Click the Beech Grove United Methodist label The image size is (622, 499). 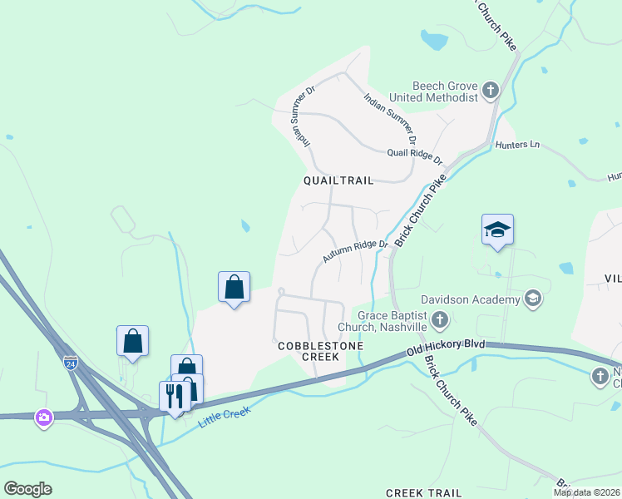[x=446, y=91]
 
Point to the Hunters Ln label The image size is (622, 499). [x=517, y=145]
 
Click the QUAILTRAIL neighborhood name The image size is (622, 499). [x=338, y=180]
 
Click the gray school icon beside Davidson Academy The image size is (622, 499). [x=533, y=299]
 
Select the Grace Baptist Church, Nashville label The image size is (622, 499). [x=391, y=321]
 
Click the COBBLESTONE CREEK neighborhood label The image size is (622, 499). [x=309, y=350]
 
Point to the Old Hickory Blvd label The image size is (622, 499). [x=445, y=348]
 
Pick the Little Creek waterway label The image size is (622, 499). [x=225, y=411]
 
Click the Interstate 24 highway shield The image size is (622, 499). [x=71, y=363]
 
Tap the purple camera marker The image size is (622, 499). [x=44, y=416]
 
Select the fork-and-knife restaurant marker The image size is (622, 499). [x=175, y=395]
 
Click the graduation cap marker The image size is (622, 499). [x=497, y=230]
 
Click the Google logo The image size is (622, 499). [x=27, y=489]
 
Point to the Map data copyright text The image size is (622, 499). [x=586, y=492]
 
